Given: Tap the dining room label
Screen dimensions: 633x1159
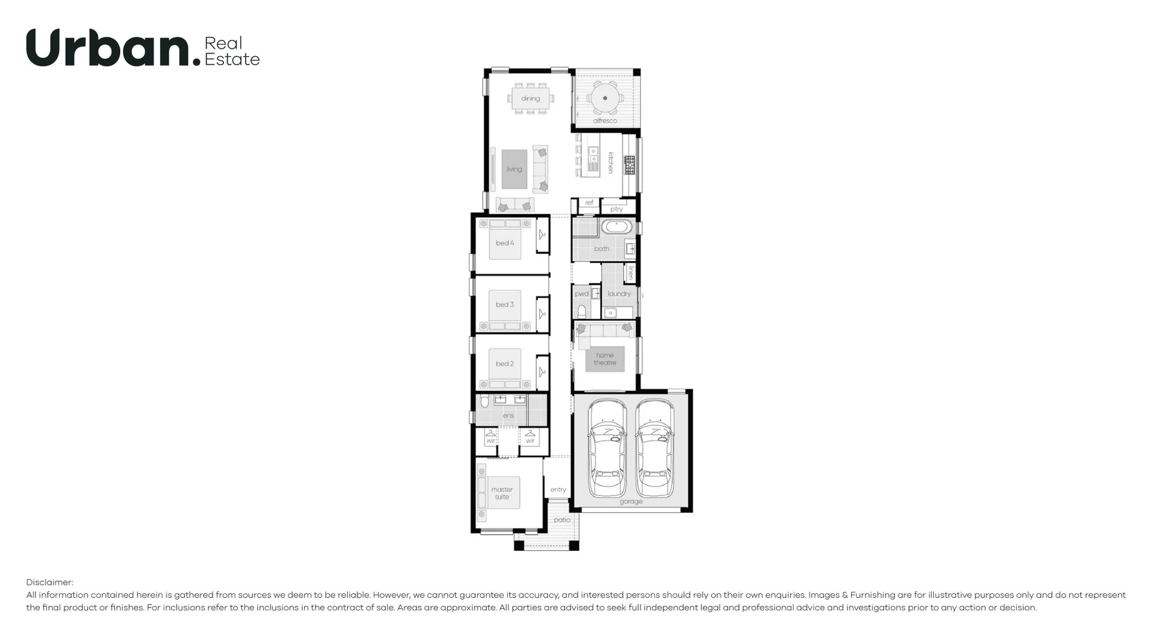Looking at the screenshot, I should point(531,98).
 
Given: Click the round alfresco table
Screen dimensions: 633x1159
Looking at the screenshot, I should point(605,98).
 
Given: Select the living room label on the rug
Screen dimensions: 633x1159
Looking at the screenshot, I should point(514,169).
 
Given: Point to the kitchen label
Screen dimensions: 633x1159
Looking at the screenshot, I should point(610,162).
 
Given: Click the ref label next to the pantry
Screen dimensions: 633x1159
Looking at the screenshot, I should point(589,203).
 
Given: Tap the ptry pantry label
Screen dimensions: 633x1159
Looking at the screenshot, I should point(616,209).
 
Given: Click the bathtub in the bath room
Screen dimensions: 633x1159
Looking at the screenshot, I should point(616,227).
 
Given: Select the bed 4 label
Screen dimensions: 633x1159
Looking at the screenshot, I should point(505,243).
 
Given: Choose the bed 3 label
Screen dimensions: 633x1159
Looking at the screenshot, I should point(505,305).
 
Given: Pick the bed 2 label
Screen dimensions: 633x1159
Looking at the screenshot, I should point(505,364).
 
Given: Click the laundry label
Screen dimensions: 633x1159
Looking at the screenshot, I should point(619,294).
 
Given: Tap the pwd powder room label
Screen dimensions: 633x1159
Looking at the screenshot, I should point(581,294).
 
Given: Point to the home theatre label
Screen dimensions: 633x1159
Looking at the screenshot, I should point(605,359).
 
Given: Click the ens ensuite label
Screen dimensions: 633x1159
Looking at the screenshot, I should point(508,415).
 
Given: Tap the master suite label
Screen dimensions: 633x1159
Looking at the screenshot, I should point(502,493).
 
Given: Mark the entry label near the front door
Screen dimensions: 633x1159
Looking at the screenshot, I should point(558,489).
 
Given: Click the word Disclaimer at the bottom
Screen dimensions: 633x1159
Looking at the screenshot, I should point(49,582).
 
